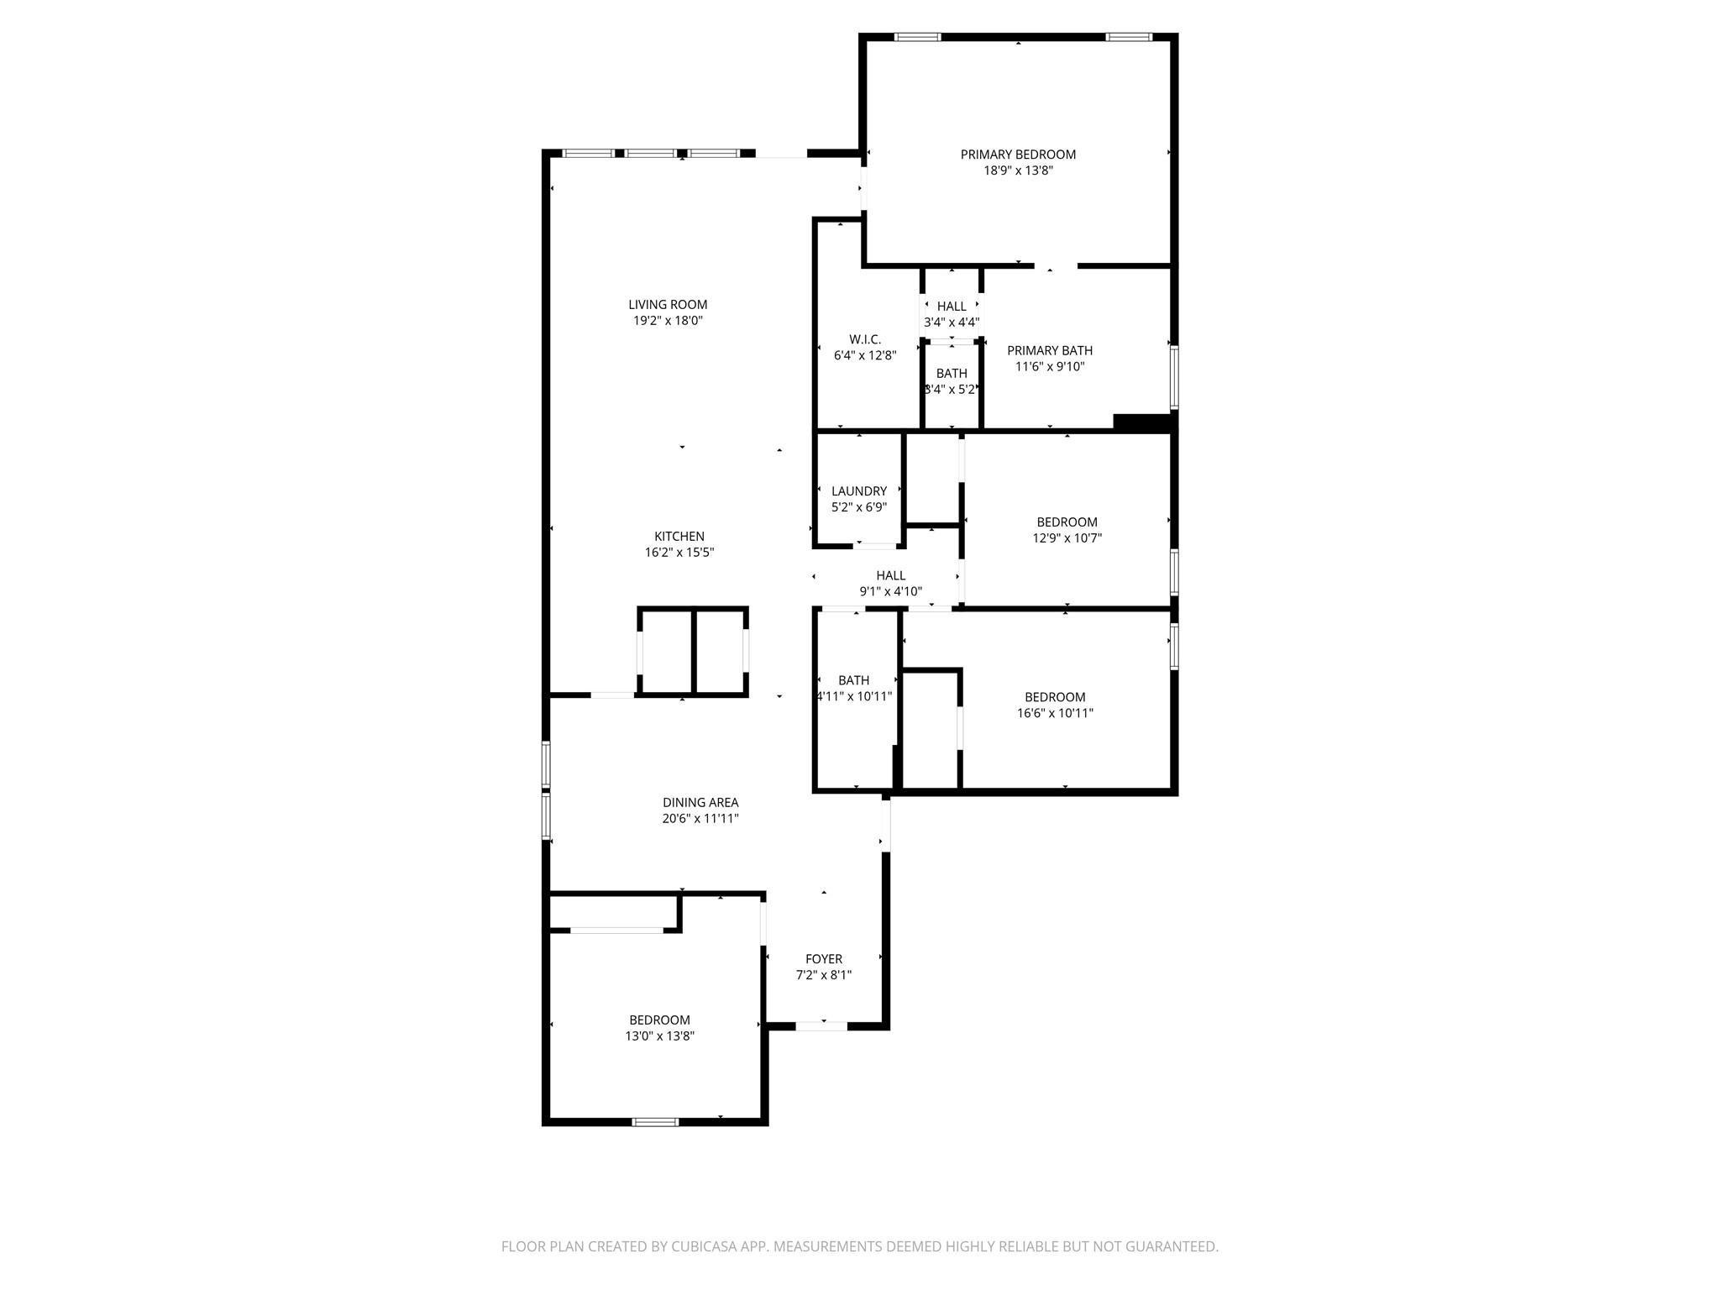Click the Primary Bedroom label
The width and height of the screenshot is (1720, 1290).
(x=1018, y=155)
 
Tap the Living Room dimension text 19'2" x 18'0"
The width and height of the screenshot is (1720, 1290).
(x=668, y=321)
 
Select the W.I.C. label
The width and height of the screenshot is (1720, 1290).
(x=865, y=339)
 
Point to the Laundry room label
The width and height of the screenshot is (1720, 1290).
(x=859, y=491)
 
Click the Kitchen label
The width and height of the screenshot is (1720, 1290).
(x=679, y=537)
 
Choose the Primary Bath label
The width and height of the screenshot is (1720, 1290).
(x=1050, y=351)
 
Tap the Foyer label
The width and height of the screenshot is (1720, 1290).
(x=824, y=959)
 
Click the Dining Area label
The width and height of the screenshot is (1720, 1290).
(x=700, y=803)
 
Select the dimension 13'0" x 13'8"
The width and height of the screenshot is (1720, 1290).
(x=659, y=1036)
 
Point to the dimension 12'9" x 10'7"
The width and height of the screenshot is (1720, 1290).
(x=1067, y=538)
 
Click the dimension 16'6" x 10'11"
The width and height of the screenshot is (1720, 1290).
(x=1055, y=714)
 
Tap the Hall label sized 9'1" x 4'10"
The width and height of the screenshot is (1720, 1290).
(x=890, y=576)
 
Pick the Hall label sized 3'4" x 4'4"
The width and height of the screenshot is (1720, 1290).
(x=952, y=307)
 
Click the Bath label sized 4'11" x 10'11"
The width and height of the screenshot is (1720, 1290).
(x=853, y=680)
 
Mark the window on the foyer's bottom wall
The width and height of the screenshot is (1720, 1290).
(x=821, y=1025)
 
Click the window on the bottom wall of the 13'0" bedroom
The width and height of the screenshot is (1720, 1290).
(x=655, y=1121)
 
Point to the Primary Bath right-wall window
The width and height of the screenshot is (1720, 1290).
(x=1174, y=377)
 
